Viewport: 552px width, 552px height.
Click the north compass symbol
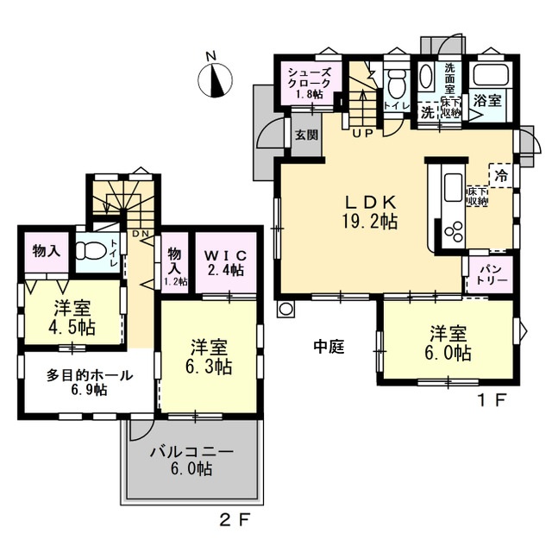(x=215, y=79)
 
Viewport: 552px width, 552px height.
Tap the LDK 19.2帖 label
(x=370, y=212)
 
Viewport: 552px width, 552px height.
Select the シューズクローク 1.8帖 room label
(x=310, y=83)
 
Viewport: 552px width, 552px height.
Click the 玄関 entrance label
(x=306, y=135)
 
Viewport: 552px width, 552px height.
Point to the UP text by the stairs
(x=362, y=134)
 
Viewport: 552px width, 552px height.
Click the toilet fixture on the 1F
(x=396, y=80)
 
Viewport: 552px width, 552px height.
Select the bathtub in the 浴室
(x=491, y=75)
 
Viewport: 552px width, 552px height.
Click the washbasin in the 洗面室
(x=427, y=76)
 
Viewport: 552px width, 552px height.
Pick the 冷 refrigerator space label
(x=501, y=175)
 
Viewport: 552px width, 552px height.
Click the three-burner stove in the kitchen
(x=454, y=231)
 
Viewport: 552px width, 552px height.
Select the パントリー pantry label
(x=491, y=274)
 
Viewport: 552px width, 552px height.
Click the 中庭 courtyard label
(x=329, y=347)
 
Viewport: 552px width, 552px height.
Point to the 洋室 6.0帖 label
(x=448, y=343)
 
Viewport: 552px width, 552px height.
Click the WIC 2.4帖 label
(x=225, y=262)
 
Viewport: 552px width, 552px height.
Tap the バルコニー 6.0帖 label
(x=191, y=461)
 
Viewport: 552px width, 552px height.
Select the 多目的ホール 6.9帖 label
(x=90, y=382)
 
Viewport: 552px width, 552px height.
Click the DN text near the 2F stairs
(x=141, y=233)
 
